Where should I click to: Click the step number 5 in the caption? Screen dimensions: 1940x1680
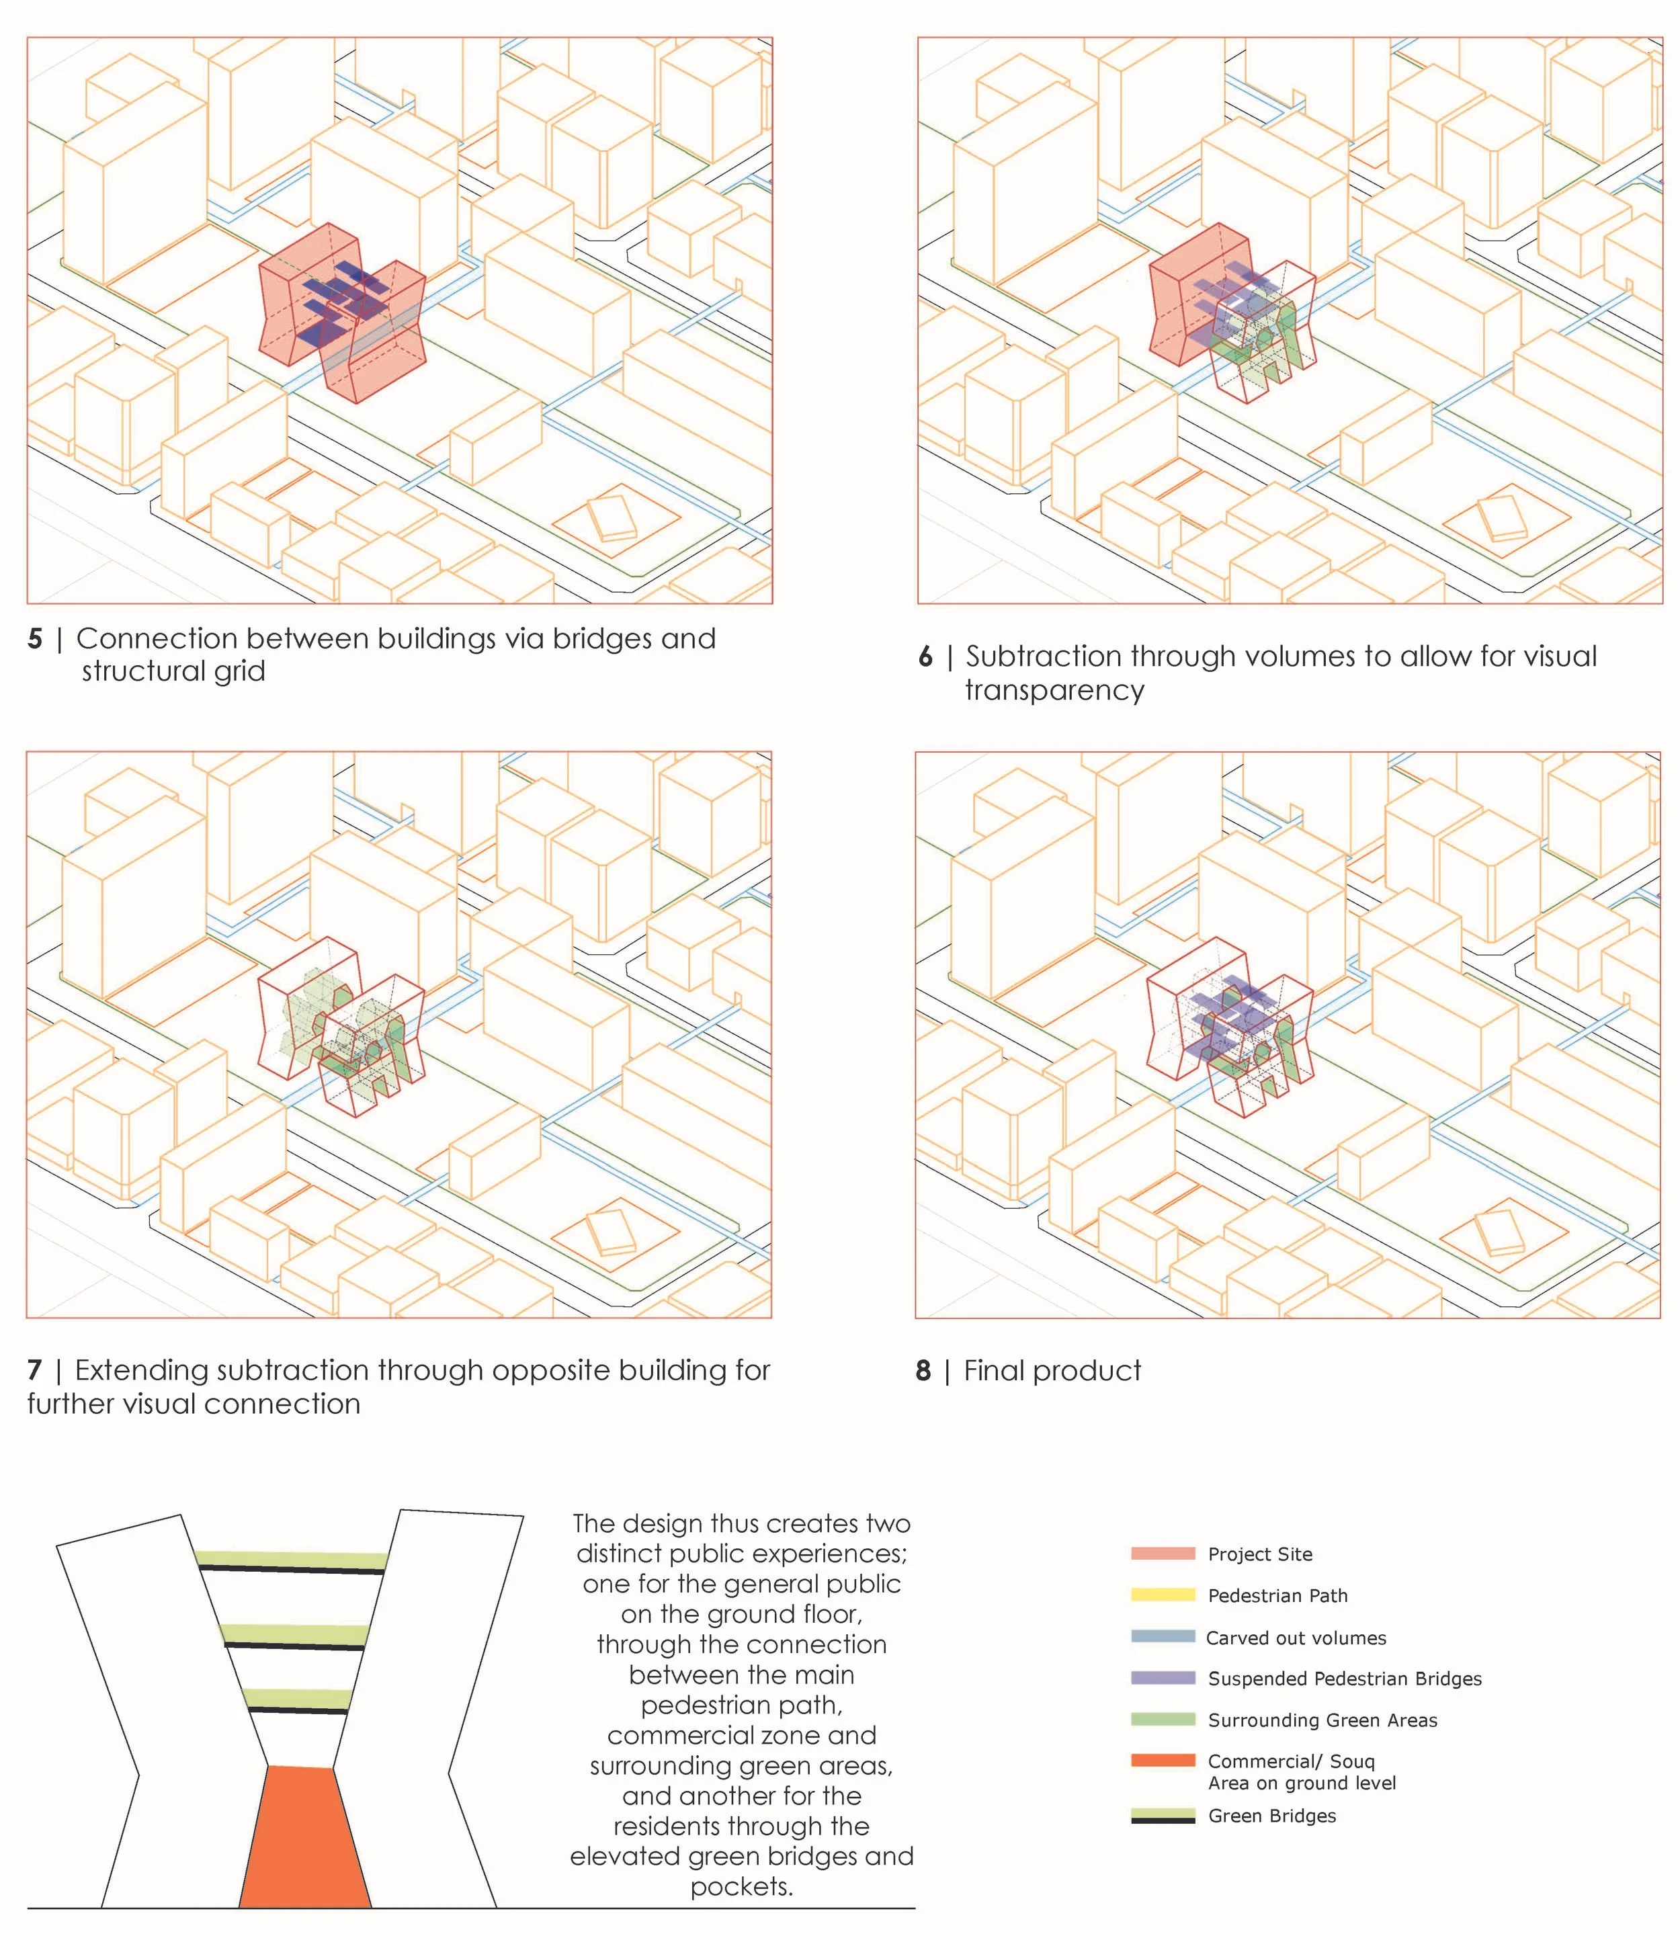(35, 640)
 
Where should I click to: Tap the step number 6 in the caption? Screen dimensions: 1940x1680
(925, 657)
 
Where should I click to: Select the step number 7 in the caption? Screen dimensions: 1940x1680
(35, 1371)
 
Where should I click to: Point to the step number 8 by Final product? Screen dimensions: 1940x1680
(923, 1372)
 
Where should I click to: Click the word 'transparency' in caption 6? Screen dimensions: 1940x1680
(1054, 691)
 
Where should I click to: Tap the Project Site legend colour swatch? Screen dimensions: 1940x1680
(1163, 1554)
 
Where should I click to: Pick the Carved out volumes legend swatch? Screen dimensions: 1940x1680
(1163, 1637)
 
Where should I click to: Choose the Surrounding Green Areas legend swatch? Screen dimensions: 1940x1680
(1163, 1720)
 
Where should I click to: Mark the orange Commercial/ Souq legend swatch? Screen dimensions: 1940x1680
(1163, 1761)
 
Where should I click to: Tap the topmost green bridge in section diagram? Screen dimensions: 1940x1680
(292, 1559)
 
